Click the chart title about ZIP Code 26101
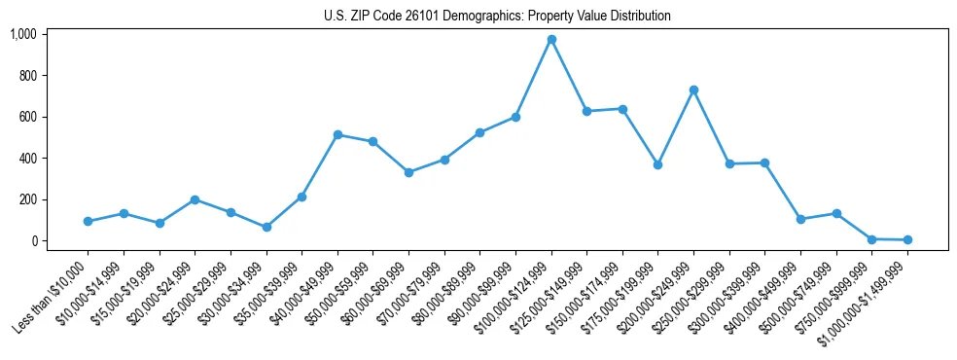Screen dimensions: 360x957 497,16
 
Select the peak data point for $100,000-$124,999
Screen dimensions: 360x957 551,39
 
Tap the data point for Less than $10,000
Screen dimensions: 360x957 88,222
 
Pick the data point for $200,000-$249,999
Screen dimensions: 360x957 693,90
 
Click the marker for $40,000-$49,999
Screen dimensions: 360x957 337,135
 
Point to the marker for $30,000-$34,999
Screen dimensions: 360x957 266,228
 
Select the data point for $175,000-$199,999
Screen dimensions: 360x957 658,165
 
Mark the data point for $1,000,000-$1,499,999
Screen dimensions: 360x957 907,239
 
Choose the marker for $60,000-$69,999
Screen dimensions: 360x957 408,172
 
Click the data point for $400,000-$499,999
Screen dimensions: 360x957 800,220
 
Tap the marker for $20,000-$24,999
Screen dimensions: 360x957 195,199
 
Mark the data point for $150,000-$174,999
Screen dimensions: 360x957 622,109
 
